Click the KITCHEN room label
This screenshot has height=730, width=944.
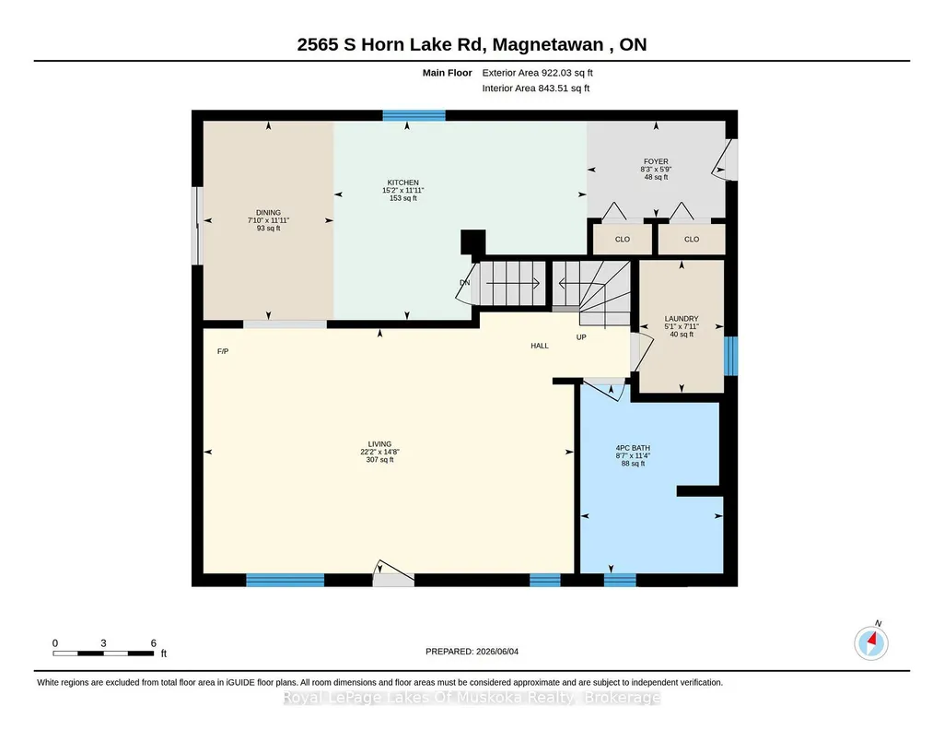click(402, 182)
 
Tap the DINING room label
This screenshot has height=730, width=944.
click(268, 213)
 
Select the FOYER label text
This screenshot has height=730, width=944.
click(656, 161)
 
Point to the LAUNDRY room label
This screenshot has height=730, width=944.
click(682, 319)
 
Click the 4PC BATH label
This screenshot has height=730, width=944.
click(633, 448)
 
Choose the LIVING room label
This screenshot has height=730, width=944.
click(379, 444)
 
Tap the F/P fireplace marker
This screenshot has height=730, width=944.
click(223, 351)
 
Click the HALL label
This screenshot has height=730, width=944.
click(540, 346)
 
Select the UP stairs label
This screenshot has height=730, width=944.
click(581, 337)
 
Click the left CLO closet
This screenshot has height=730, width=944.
click(623, 239)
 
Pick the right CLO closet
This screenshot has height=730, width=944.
click(691, 239)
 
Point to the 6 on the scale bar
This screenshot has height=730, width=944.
click(154, 643)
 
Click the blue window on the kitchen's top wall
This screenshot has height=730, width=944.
click(414, 115)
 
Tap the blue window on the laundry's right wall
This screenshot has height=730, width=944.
click(731, 356)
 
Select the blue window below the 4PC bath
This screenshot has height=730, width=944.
click(620, 580)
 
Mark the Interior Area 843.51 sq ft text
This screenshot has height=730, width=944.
click(536, 88)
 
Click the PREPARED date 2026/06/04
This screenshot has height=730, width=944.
click(497, 651)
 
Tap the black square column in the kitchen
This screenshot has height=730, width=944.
click(473, 242)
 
